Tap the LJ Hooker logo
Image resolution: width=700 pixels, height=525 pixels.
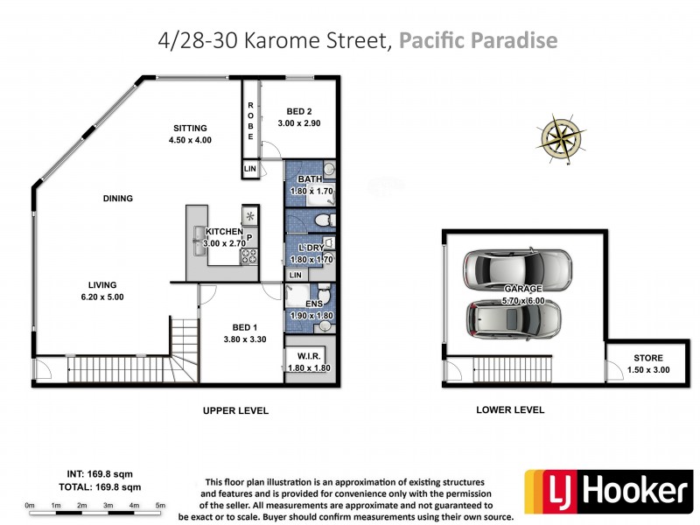point(607,490)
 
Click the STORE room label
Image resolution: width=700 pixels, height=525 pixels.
point(648,358)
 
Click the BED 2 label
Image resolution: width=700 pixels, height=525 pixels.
point(299,111)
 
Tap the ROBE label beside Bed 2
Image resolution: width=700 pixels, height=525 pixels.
point(250,122)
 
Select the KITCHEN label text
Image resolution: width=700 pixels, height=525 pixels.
point(224,232)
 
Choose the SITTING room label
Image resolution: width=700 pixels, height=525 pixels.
point(190,128)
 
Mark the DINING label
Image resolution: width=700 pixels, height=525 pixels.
point(117,199)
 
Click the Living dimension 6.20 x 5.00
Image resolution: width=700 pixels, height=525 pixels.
point(102,297)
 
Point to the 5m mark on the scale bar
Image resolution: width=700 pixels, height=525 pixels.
point(160,506)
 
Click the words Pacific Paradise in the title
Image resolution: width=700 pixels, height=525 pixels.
point(478,40)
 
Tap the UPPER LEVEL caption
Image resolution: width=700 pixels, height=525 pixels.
point(235,410)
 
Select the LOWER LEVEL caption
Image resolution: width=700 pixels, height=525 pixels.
point(510,409)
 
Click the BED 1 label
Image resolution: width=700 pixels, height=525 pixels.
point(246,327)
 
